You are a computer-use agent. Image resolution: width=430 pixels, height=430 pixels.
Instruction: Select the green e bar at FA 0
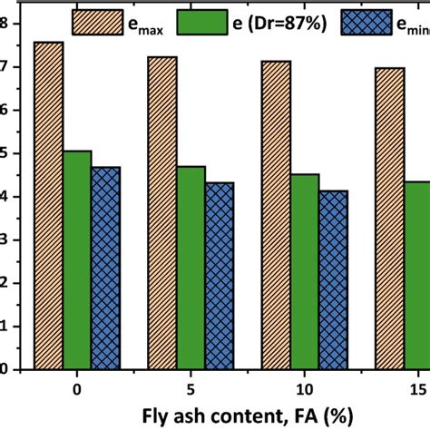(x=77, y=259)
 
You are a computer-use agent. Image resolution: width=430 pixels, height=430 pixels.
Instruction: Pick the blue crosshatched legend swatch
(x=362, y=17)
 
